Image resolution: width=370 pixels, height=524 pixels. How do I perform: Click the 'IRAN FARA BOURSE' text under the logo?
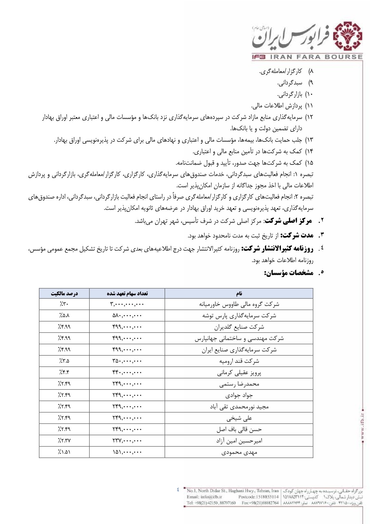coord(316,57)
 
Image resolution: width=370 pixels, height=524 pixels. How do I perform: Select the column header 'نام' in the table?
coord(239,293)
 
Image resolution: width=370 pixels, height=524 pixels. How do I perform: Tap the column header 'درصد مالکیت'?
coord(64,293)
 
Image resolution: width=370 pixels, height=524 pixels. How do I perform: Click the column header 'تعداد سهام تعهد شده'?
coord(127,293)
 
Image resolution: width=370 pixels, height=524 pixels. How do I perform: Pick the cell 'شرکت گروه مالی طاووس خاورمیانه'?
coord(239,304)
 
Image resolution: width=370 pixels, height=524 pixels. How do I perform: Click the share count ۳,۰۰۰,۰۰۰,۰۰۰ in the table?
coord(127,304)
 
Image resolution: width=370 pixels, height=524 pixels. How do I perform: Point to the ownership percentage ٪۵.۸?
coord(64,315)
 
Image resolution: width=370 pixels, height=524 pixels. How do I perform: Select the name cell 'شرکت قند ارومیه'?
coord(239,361)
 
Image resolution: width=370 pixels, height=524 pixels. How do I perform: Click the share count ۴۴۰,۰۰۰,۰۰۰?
coord(127,373)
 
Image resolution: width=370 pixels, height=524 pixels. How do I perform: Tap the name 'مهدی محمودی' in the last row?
coord(239,452)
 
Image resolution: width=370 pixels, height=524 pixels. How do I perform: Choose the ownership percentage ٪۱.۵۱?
coord(64,452)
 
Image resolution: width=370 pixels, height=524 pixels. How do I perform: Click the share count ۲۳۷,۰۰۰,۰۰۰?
coord(127,441)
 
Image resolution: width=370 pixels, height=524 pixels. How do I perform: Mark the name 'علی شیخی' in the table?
coord(239,418)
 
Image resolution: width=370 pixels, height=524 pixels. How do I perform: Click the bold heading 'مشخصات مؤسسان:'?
coord(289,273)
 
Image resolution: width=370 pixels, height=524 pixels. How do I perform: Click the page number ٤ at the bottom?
coord(178,489)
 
